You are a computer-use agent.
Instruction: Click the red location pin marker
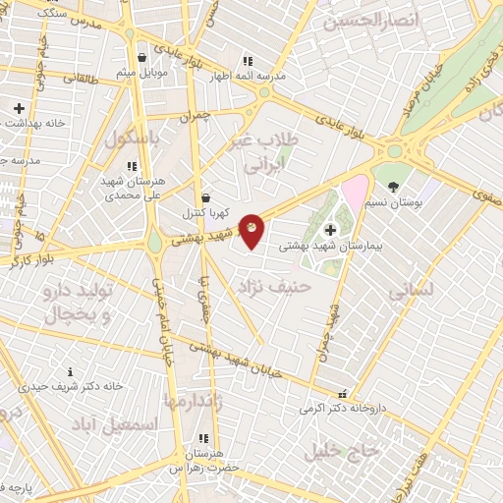click(252, 230)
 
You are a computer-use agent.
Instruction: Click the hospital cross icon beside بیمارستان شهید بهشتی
click(329, 230)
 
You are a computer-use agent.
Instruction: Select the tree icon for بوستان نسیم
click(394, 186)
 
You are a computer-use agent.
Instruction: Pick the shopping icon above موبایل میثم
click(142, 56)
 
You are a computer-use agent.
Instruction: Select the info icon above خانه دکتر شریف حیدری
click(70, 371)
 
